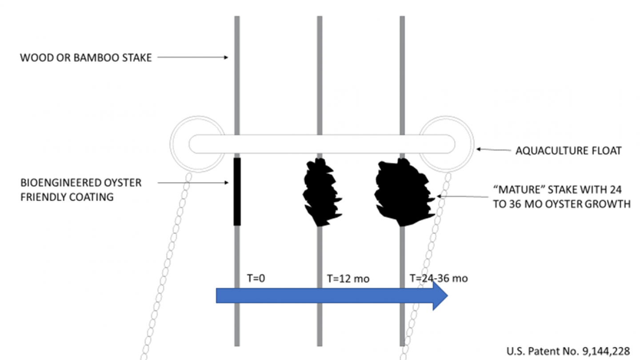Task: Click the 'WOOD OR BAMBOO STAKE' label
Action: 86,58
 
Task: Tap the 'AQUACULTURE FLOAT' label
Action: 568,151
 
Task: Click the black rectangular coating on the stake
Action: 237,191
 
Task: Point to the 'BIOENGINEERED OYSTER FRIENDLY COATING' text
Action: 81,189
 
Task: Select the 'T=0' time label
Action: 255,279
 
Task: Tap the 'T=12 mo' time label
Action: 348,279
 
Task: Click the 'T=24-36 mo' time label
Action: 438,279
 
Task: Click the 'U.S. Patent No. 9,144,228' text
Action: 568,351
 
